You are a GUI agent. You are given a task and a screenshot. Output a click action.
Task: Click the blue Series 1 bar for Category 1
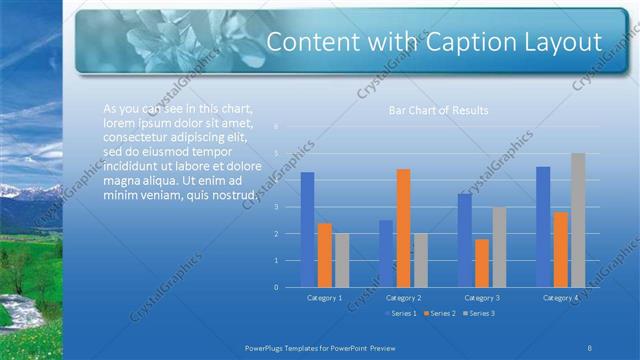[x=307, y=230]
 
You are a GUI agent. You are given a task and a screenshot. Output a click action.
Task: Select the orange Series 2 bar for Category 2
[x=403, y=228]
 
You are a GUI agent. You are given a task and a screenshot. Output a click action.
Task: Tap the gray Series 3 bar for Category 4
[x=577, y=220]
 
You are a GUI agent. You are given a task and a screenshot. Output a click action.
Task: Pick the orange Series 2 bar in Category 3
[x=482, y=263]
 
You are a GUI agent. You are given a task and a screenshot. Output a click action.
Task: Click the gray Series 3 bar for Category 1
[x=342, y=260]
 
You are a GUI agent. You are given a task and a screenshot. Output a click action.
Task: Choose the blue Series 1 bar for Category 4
[x=543, y=227]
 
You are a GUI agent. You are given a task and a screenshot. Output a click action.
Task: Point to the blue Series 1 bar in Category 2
[x=386, y=253]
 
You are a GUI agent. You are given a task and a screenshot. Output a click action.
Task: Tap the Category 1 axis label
[x=324, y=298]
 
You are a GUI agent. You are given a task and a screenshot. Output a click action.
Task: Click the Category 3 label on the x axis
[x=482, y=298]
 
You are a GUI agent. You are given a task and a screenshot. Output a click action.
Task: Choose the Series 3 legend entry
[x=481, y=314]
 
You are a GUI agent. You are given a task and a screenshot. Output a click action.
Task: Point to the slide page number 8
[x=590, y=346]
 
